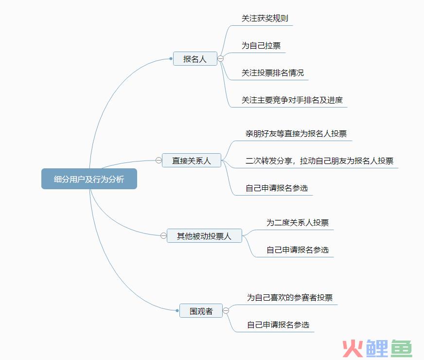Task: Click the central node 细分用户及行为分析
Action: coord(89,179)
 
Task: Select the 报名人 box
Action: coord(195,59)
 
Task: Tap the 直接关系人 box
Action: coord(192,161)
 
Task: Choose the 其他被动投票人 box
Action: coord(204,235)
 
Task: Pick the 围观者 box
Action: coord(201,311)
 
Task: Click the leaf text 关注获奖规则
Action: coord(265,18)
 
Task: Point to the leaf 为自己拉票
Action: coord(261,45)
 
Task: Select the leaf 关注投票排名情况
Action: coord(273,73)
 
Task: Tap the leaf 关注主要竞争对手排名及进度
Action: coord(292,100)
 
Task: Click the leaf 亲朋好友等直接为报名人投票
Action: coord(296,134)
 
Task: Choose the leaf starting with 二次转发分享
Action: coord(319,161)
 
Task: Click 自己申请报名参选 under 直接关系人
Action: coord(277,188)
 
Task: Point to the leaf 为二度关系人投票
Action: coord(298,223)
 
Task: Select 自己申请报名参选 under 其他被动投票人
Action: coord(298,250)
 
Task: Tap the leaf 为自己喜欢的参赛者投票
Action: coord(290,298)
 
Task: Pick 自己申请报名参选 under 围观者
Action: coord(278,324)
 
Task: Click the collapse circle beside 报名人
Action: coord(221,58)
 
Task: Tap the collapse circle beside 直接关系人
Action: coord(159,160)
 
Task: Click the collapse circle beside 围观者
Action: coord(226,310)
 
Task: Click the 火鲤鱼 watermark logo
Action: coord(377,348)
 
